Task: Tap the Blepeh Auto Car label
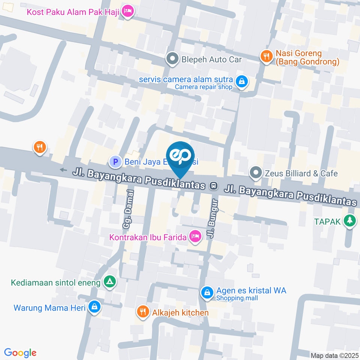211,59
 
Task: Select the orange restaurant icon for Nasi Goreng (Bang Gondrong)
266,57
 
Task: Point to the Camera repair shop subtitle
204,87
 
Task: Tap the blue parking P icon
115,162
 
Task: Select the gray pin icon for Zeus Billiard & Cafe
256,173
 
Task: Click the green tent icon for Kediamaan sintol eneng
109,282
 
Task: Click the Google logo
20,352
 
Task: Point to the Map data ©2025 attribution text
334,355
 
